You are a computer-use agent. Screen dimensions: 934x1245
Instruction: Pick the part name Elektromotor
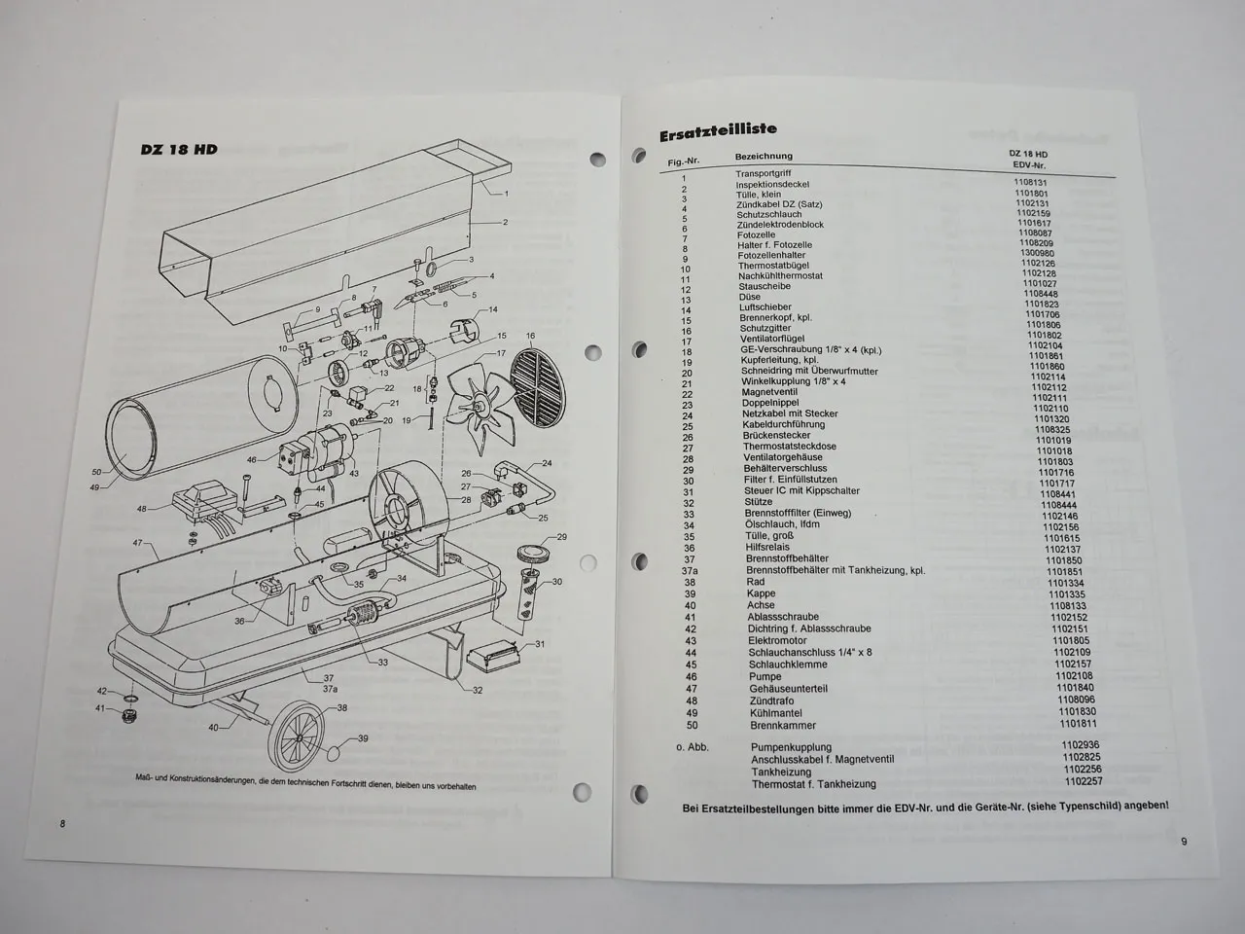click(777, 641)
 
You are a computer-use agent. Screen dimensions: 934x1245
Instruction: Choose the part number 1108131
click(1030, 182)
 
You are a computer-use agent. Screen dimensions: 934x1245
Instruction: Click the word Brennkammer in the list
click(783, 725)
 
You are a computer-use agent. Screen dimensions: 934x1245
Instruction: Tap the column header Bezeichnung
click(764, 156)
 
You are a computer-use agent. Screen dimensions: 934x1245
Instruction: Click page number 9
click(1184, 843)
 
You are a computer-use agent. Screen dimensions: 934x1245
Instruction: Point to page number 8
click(62, 824)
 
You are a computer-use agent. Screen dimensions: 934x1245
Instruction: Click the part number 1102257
click(1084, 781)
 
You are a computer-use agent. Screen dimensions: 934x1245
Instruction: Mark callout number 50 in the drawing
click(95, 471)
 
